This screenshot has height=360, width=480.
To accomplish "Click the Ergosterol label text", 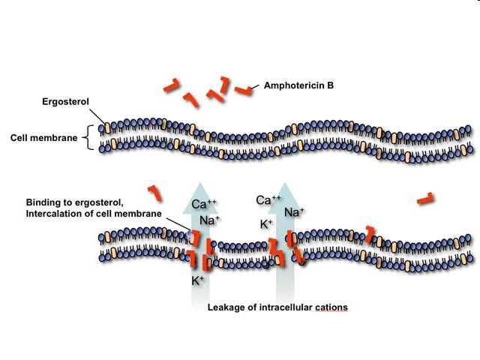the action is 65,102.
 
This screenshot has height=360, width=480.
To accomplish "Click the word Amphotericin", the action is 295,85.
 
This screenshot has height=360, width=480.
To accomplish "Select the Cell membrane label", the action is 43,138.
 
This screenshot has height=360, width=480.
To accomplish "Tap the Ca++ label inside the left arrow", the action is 203,204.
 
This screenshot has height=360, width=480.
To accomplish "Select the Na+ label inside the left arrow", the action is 210,220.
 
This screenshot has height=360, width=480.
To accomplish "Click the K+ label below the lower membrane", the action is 197,280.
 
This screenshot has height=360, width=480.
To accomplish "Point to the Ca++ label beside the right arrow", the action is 268,200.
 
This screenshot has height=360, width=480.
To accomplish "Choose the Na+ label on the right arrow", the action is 294,211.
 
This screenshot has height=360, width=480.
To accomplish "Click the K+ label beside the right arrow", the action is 266,224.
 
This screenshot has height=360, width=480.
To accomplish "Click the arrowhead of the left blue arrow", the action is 200,198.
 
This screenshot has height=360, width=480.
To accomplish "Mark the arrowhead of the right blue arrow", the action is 285,198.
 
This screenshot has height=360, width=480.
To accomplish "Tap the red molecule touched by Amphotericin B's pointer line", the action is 243,91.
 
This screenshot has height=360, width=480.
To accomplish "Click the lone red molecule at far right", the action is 425,199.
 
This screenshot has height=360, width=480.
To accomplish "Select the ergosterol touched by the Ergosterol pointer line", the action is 107,128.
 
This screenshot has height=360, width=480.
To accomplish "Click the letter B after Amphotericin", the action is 330,85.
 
